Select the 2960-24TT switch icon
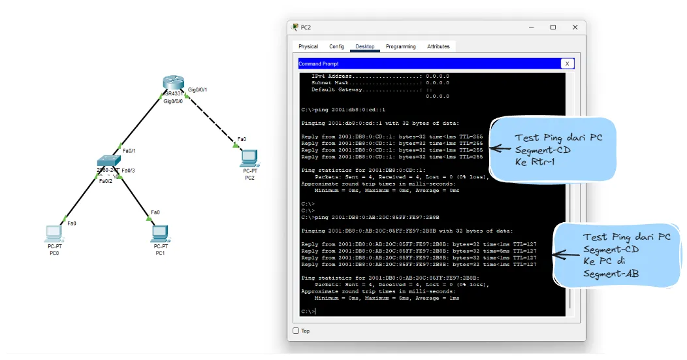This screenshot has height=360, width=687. pos(106,161)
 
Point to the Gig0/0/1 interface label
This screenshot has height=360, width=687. pos(197,90)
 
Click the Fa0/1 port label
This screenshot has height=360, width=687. pos(129,151)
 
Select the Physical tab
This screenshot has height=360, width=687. pos(308,46)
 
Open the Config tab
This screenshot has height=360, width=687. pos(336,46)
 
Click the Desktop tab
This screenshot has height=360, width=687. pos(365,46)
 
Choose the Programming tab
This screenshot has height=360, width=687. pos(400,46)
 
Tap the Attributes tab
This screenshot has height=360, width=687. pos(438,46)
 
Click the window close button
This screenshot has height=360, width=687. pos(575,27)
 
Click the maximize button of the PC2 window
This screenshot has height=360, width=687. pos(553,27)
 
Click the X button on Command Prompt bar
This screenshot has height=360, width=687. pos(567,63)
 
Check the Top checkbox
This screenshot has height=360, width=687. pos(296,331)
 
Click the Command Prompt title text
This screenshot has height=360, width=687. pos(319,64)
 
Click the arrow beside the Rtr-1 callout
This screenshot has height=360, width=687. pos(500,149)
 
